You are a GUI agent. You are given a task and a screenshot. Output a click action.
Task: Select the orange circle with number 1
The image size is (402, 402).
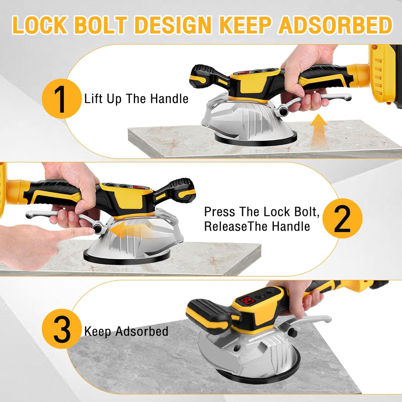pyautogui.click(x=61, y=99)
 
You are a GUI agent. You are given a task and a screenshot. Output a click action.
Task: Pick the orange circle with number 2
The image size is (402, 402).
pyautogui.click(x=342, y=218)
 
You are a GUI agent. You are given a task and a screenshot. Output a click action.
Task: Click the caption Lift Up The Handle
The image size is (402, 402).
pyautogui.click(x=136, y=99)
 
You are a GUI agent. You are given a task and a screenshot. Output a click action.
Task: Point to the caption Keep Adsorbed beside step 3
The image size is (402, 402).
pyautogui.click(x=126, y=332)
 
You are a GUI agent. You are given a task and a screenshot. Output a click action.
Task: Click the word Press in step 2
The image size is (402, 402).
pyautogui.click(x=219, y=212)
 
